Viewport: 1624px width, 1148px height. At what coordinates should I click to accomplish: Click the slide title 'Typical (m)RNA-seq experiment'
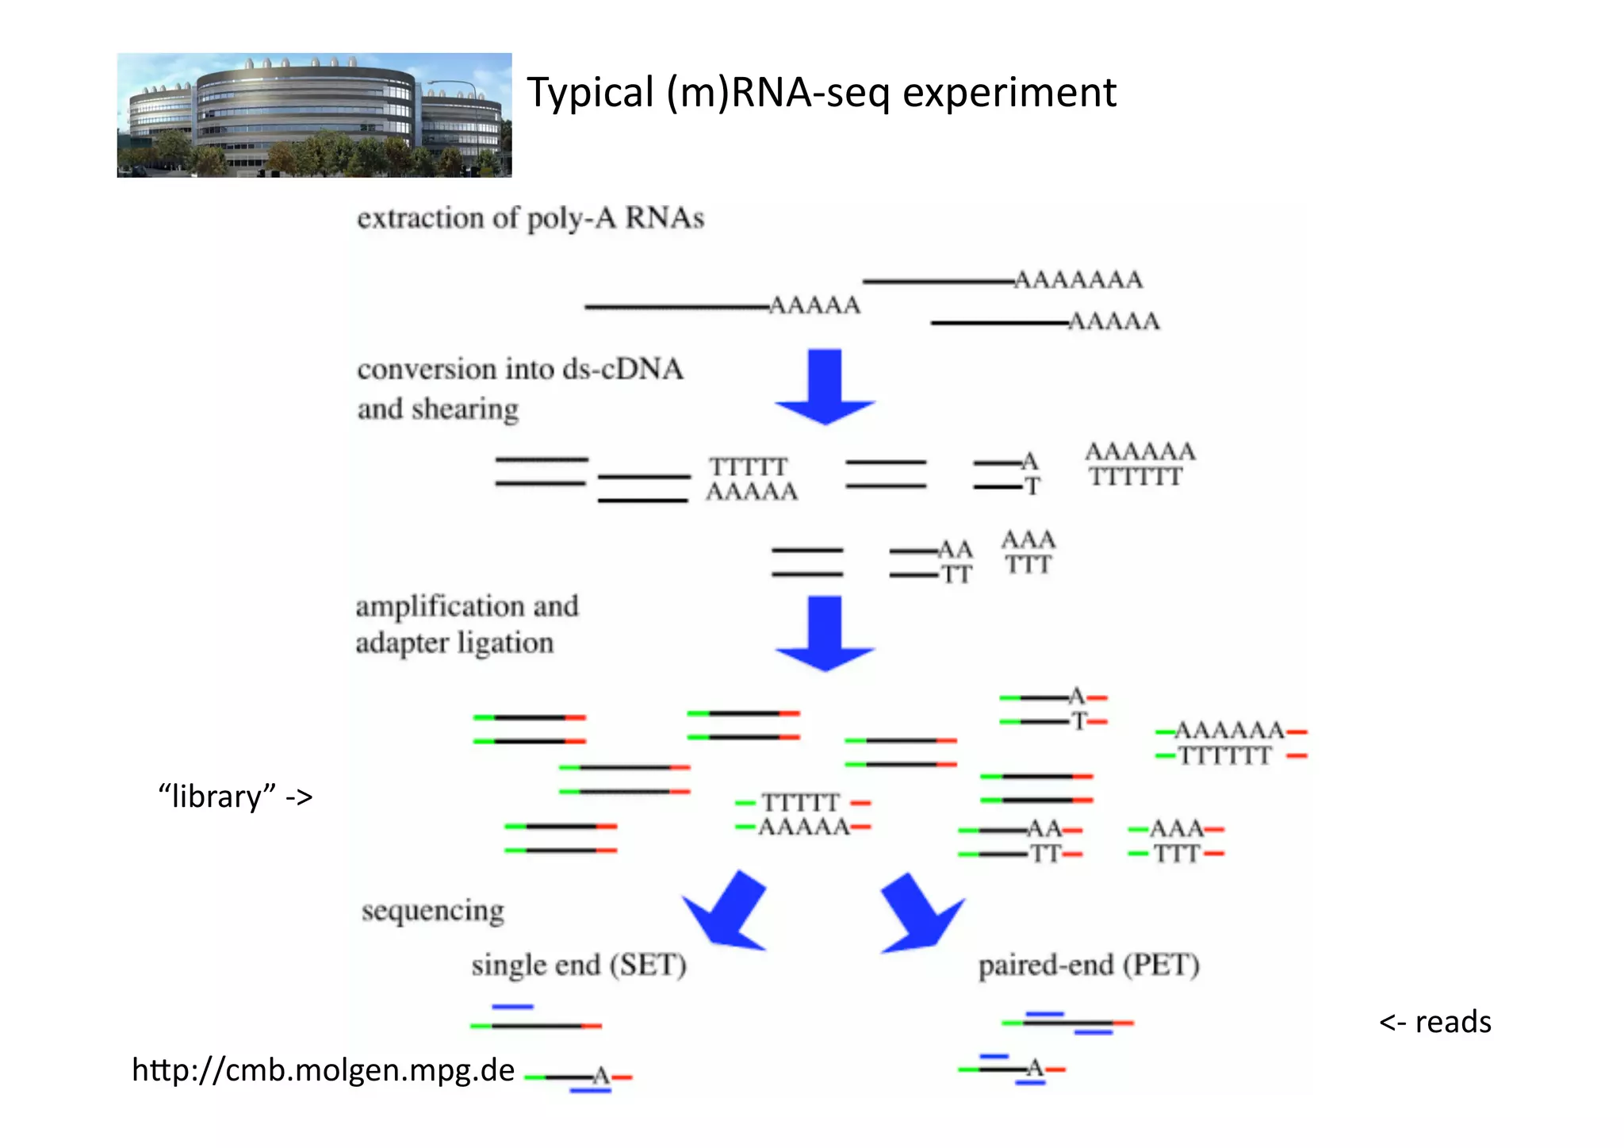coord(821,93)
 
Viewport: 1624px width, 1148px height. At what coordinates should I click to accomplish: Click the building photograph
coord(314,115)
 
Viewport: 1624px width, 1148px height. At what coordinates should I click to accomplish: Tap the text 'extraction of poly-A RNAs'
coord(530,218)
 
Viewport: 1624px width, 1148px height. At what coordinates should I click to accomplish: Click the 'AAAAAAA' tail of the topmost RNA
coord(1078,280)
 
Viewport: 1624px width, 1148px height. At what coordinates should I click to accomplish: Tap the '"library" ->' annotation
coord(236,796)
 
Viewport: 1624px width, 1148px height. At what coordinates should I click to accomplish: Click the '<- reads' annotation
coord(1434,1022)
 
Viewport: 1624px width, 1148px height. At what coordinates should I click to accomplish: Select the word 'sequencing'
coord(432,911)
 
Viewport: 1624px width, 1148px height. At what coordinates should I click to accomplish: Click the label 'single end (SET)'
coord(579,966)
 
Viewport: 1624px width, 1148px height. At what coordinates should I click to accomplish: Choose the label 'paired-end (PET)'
coord(1088,966)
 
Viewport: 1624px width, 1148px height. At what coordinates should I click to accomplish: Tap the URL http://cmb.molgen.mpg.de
coord(323,1070)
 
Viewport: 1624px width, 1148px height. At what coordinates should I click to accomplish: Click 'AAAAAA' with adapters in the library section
coord(1228,731)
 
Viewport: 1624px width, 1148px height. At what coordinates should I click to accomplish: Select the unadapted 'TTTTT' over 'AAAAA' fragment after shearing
coord(750,479)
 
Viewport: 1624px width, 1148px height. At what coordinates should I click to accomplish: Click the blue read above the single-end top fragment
coord(512,1007)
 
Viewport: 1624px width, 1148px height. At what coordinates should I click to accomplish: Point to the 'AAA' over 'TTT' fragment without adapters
coord(1028,552)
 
